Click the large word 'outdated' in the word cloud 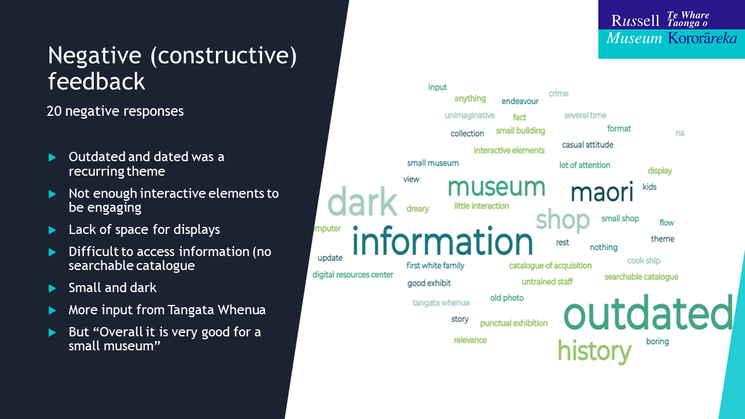648,313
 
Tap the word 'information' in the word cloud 442,241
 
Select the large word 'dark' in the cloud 363,201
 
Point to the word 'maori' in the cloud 602,191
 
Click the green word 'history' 594,351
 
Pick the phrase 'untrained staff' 547,282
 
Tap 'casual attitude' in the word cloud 587,145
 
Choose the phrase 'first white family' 435,265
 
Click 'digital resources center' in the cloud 353,275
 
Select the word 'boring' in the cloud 657,342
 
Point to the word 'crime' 558,94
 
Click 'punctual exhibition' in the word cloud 513,323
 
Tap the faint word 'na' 680,133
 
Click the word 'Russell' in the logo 635,20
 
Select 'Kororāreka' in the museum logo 703,38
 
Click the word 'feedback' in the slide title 97,81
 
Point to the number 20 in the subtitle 54,111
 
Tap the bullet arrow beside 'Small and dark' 52,288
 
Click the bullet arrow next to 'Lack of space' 52,230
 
